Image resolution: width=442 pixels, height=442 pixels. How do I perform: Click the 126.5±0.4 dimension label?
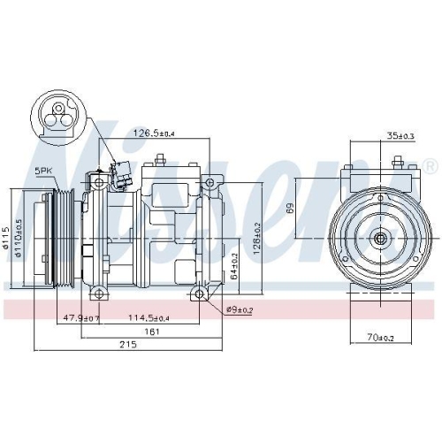tap(153, 134)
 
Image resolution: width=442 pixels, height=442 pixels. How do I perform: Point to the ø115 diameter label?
tap(7, 237)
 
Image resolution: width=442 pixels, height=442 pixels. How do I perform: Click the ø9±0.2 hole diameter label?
tap(239, 309)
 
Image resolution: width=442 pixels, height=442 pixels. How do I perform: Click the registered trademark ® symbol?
tap(430, 166)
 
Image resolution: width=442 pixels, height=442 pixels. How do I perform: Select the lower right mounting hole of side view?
tap(201, 293)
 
